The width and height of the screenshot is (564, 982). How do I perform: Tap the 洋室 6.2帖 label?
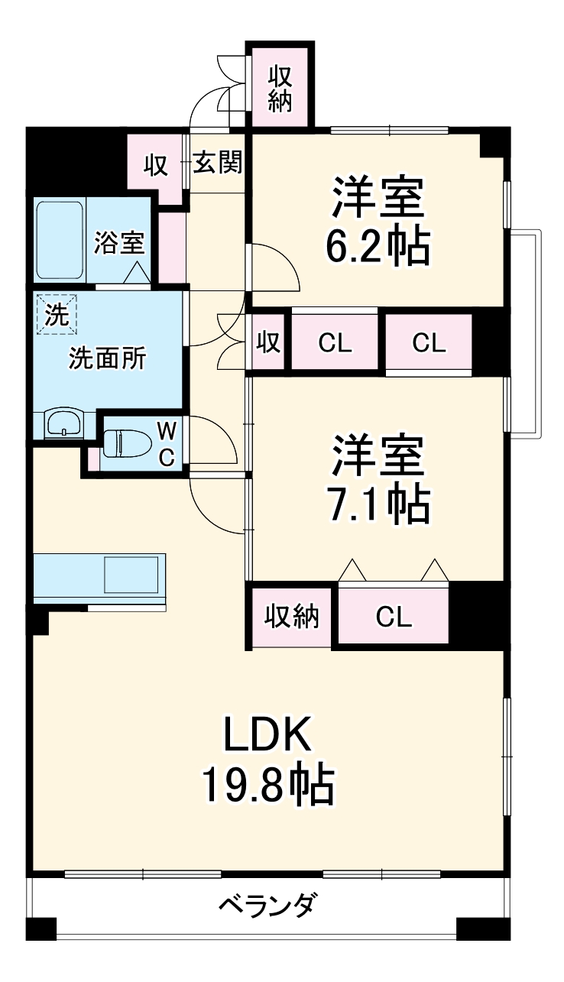tap(378, 222)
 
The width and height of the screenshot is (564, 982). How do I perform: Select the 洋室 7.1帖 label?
tap(378, 480)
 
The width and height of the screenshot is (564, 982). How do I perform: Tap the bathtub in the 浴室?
tap(60, 240)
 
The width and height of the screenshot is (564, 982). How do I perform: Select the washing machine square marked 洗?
tap(57, 313)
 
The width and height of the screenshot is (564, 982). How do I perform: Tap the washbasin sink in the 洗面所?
tap(63, 423)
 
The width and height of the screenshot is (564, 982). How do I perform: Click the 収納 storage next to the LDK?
tap(291, 616)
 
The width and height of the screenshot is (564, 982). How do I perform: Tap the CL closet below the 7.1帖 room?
tap(394, 616)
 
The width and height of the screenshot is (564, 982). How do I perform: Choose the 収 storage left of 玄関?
tap(157, 165)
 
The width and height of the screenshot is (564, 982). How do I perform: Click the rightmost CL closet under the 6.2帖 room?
tap(429, 343)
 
